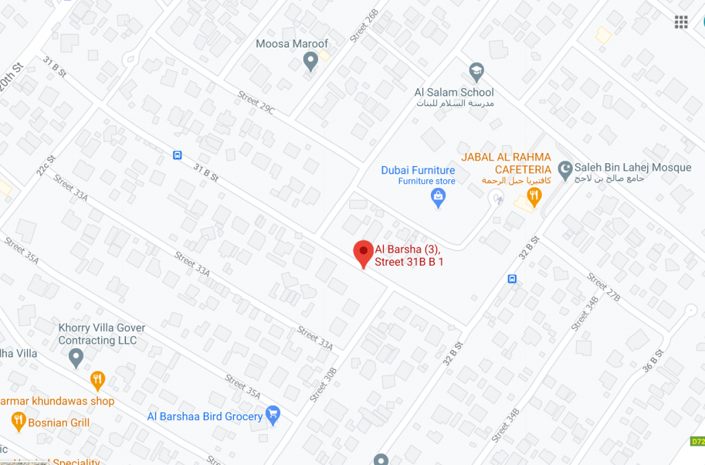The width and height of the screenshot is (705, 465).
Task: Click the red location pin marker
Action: point(364,253)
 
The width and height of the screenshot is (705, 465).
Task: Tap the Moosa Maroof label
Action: point(292,44)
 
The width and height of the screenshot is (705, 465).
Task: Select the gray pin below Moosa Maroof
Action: point(311,63)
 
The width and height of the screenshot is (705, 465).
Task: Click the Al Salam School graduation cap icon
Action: point(476,71)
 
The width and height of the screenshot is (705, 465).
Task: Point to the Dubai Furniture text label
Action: point(418,170)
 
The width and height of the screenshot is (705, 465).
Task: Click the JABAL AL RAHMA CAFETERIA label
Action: point(506,163)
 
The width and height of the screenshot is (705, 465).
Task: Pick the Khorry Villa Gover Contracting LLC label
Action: point(102,334)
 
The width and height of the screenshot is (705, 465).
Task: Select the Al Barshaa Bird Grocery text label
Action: point(205,416)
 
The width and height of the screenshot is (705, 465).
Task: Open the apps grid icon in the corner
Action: point(681,22)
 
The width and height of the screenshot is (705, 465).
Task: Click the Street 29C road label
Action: point(256,103)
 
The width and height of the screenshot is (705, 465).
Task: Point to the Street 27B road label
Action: point(604,287)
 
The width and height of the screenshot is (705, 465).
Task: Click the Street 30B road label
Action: point(323,384)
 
